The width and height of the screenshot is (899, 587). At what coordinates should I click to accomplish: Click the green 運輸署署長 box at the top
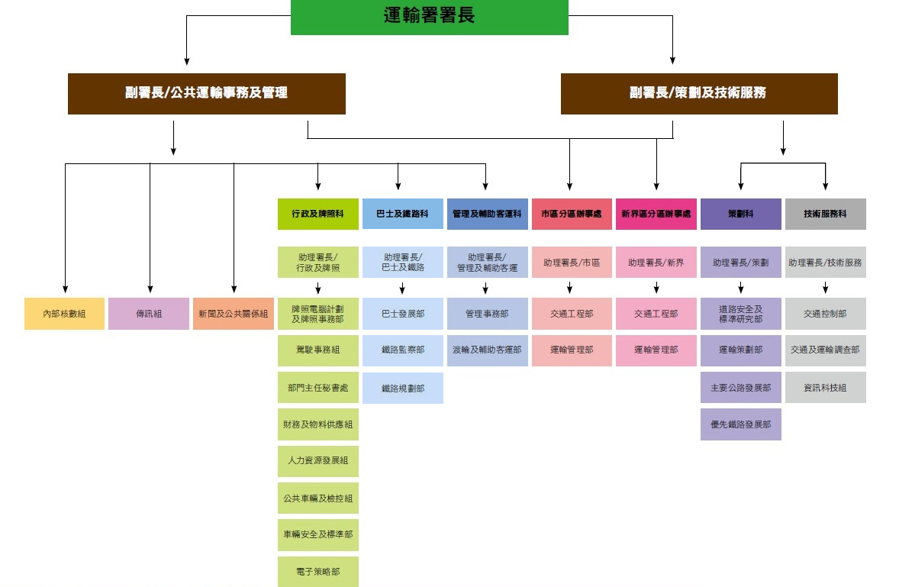point(429,17)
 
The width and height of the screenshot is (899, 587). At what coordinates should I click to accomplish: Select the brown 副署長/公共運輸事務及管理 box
point(206,93)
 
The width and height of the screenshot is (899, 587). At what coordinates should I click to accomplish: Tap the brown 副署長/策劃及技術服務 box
point(698,93)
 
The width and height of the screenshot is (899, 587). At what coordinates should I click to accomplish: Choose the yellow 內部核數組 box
point(64,314)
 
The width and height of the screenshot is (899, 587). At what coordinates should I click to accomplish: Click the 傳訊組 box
point(148,314)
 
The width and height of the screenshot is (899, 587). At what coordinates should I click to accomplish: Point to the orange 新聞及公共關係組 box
point(233,314)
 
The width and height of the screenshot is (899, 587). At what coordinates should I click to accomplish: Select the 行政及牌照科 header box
point(317,214)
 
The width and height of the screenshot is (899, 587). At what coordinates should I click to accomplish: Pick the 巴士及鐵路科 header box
point(402,214)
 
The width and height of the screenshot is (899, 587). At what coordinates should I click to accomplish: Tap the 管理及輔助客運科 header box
point(487,214)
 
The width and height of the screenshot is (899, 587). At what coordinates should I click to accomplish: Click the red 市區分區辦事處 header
point(572,214)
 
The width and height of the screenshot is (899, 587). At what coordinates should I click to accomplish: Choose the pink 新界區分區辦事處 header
point(656,214)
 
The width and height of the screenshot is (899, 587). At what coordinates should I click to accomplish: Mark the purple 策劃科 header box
point(740,214)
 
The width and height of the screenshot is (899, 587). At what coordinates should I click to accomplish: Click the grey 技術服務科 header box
point(825,214)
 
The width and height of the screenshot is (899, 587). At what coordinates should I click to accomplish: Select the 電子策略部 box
point(317,572)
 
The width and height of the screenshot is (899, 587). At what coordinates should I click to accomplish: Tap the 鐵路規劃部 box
point(402,389)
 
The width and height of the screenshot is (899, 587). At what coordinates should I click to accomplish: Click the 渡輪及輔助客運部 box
point(487,350)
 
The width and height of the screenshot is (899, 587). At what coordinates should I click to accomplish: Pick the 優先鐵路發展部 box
point(740,424)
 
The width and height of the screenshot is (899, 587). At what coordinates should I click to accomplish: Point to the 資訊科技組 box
point(825,388)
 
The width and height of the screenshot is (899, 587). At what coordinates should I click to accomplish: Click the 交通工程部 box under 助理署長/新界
point(656,314)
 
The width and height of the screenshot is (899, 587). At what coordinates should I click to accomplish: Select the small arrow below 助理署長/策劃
point(740,288)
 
